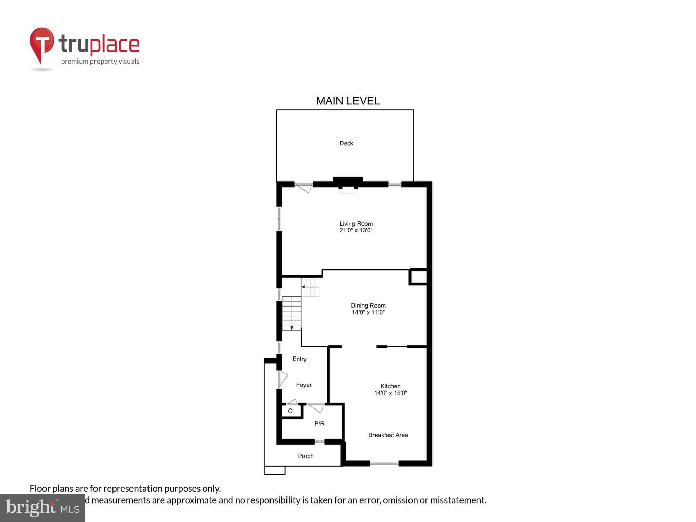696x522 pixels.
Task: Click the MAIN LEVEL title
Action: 348,101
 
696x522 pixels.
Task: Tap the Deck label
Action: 346,143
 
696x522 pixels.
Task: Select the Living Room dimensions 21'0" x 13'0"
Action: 356,230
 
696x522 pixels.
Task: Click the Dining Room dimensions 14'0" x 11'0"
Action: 368,312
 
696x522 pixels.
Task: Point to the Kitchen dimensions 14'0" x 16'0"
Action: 390,393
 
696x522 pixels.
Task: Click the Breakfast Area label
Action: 388,435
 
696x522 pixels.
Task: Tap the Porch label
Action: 306,456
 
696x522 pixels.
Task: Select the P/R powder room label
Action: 319,424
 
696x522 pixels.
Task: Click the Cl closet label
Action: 291,411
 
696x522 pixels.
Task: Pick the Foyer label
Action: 303,385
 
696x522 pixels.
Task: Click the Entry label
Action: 299,359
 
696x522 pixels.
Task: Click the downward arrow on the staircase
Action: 292,328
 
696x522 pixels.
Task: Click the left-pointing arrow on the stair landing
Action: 303,287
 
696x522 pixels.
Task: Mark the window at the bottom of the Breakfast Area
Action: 384,463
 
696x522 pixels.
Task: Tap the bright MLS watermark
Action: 42,508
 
